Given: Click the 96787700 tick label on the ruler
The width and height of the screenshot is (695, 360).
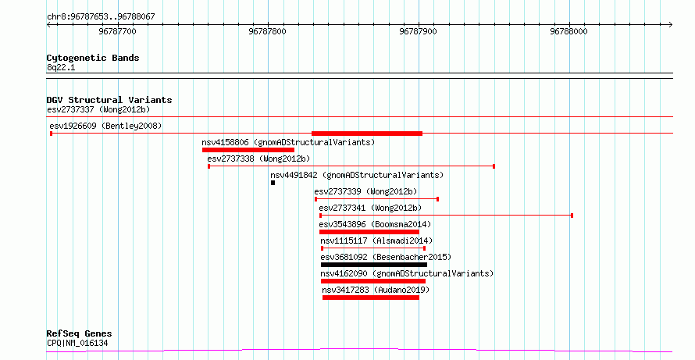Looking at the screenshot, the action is tap(117, 31).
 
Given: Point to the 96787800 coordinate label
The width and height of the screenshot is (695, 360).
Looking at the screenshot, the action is tap(268, 31).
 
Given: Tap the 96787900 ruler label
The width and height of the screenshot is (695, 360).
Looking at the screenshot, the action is tap(418, 31).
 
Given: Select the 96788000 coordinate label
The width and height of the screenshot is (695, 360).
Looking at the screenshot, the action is tap(568, 31).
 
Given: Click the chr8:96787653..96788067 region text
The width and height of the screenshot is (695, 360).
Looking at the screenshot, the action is tap(101, 17).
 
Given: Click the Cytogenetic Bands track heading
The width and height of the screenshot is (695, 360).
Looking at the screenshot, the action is tap(93, 58).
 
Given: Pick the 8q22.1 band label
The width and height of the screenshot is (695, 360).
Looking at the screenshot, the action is tap(61, 68).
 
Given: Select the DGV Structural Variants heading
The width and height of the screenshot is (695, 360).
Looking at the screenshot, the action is tap(109, 100).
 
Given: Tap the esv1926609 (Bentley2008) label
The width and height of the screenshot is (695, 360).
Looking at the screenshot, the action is tap(105, 126).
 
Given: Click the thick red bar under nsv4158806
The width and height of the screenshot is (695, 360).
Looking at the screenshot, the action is tap(248, 150).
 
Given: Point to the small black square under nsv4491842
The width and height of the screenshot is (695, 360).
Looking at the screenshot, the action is tap(273, 183).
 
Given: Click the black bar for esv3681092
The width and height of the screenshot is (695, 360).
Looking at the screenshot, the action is tap(374, 265).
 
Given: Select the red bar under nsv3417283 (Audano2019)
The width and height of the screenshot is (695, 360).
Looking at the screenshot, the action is tap(371, 298).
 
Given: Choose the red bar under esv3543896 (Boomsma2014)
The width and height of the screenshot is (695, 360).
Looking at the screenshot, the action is tap(369, 232).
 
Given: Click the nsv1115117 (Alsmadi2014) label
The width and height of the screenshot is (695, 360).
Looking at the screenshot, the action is tap(376, 241).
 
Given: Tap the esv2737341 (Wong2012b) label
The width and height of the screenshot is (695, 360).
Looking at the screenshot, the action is tap(370, 208).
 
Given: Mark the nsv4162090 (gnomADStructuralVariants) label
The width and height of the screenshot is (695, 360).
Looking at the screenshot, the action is tap(407, 273).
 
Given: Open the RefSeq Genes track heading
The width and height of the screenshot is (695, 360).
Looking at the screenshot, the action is tap(80, 333).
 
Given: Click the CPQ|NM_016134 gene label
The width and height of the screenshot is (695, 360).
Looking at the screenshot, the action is tap(77, 343).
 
